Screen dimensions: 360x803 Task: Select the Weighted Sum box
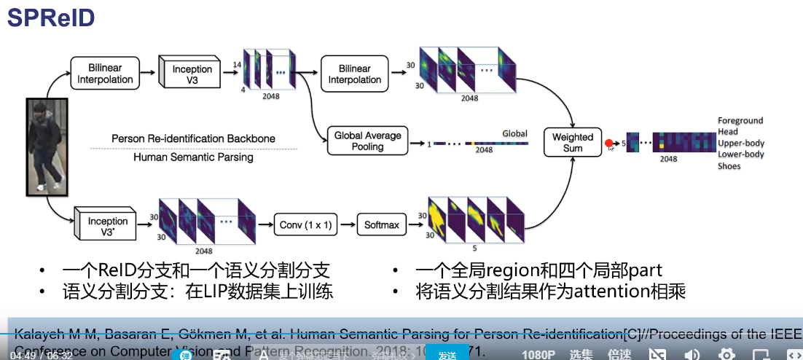click(x=573, y=142)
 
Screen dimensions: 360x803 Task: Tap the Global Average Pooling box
click(x=367, y=141)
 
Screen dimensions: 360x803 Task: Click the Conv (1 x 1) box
click(x=305, y=225)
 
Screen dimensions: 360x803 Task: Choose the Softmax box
click(x=382, y=225)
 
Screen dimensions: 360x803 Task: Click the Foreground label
click(x=740, y=120)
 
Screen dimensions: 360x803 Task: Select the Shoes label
click(x=729, y=166)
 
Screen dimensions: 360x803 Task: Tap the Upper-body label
click(x=740, y=143)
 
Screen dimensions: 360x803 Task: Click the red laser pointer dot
click(x=609, y=144)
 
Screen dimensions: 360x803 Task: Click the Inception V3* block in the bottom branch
click(x=108, y=225)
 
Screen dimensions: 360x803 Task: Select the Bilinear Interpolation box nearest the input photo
click(x=106, y=74)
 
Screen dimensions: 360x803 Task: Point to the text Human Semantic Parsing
click(x=193, y=157)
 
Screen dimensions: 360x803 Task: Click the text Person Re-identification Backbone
click(x=193, y=138)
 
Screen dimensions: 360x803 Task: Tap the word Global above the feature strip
click(x=515, y=133)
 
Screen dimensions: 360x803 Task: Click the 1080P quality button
click(x=538, y=355)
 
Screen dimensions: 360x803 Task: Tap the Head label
click(x=728, y=132)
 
